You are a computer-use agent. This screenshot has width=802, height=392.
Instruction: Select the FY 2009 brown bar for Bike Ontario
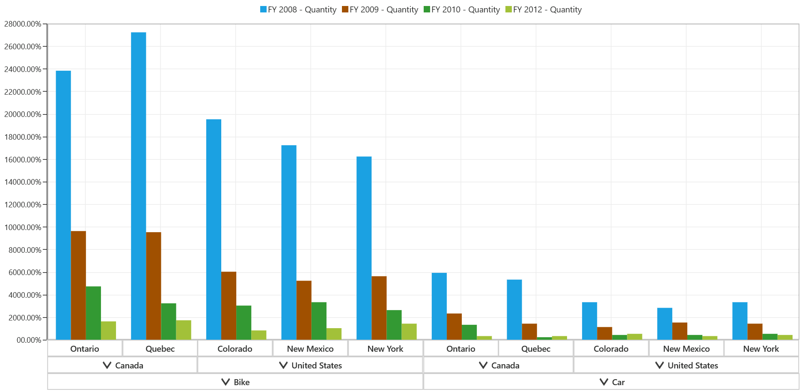78,285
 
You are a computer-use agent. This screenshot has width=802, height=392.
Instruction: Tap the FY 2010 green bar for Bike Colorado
244,323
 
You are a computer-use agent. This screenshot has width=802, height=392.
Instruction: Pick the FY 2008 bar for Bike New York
364,248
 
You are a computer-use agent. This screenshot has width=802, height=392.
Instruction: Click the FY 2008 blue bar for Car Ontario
439,306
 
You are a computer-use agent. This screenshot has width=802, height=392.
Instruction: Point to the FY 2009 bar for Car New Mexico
680,331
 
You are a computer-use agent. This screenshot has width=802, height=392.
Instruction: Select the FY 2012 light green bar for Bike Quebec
184,330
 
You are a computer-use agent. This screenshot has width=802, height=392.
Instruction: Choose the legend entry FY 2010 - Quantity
465,9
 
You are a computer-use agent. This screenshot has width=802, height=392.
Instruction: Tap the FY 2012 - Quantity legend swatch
508,9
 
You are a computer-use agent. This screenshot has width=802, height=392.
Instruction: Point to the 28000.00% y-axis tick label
23,24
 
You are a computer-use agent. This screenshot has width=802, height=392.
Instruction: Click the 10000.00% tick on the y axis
23,227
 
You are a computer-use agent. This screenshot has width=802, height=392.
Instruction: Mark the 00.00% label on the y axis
29,340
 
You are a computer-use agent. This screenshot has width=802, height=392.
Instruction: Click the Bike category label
241,382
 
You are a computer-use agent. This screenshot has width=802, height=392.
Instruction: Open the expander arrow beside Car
604,382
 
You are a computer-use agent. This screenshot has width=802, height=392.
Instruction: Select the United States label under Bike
316,365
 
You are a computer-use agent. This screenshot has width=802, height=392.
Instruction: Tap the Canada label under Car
505,365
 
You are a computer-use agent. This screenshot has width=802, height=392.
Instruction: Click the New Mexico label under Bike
310,349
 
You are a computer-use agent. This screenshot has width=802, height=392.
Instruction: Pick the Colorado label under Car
611,349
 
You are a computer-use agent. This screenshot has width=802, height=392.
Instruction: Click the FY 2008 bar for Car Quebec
514,310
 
